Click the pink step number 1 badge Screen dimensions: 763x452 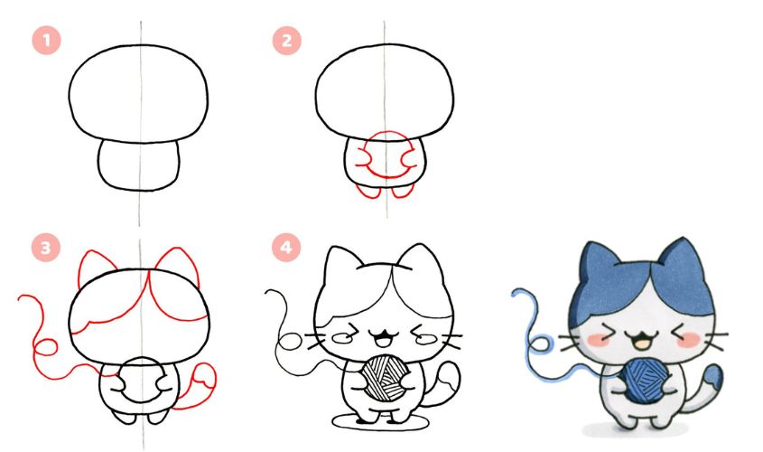coord(46,40)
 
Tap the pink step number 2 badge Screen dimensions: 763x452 coord(286,41)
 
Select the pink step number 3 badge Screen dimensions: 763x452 coord(46,248)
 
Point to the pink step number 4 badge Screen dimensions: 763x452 coord(286,248)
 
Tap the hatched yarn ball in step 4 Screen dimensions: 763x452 coord(386,378)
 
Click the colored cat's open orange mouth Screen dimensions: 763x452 coord(643,342)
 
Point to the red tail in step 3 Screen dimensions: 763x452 coord(196,387)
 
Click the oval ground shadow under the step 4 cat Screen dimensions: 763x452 coord(380,428)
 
